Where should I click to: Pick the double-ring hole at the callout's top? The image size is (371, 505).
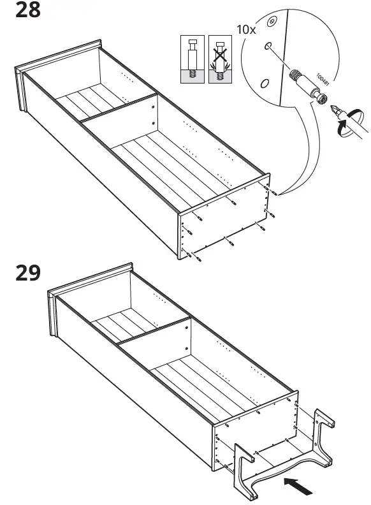coord(272,22)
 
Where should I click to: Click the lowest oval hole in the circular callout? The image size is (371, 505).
coord(264,83)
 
